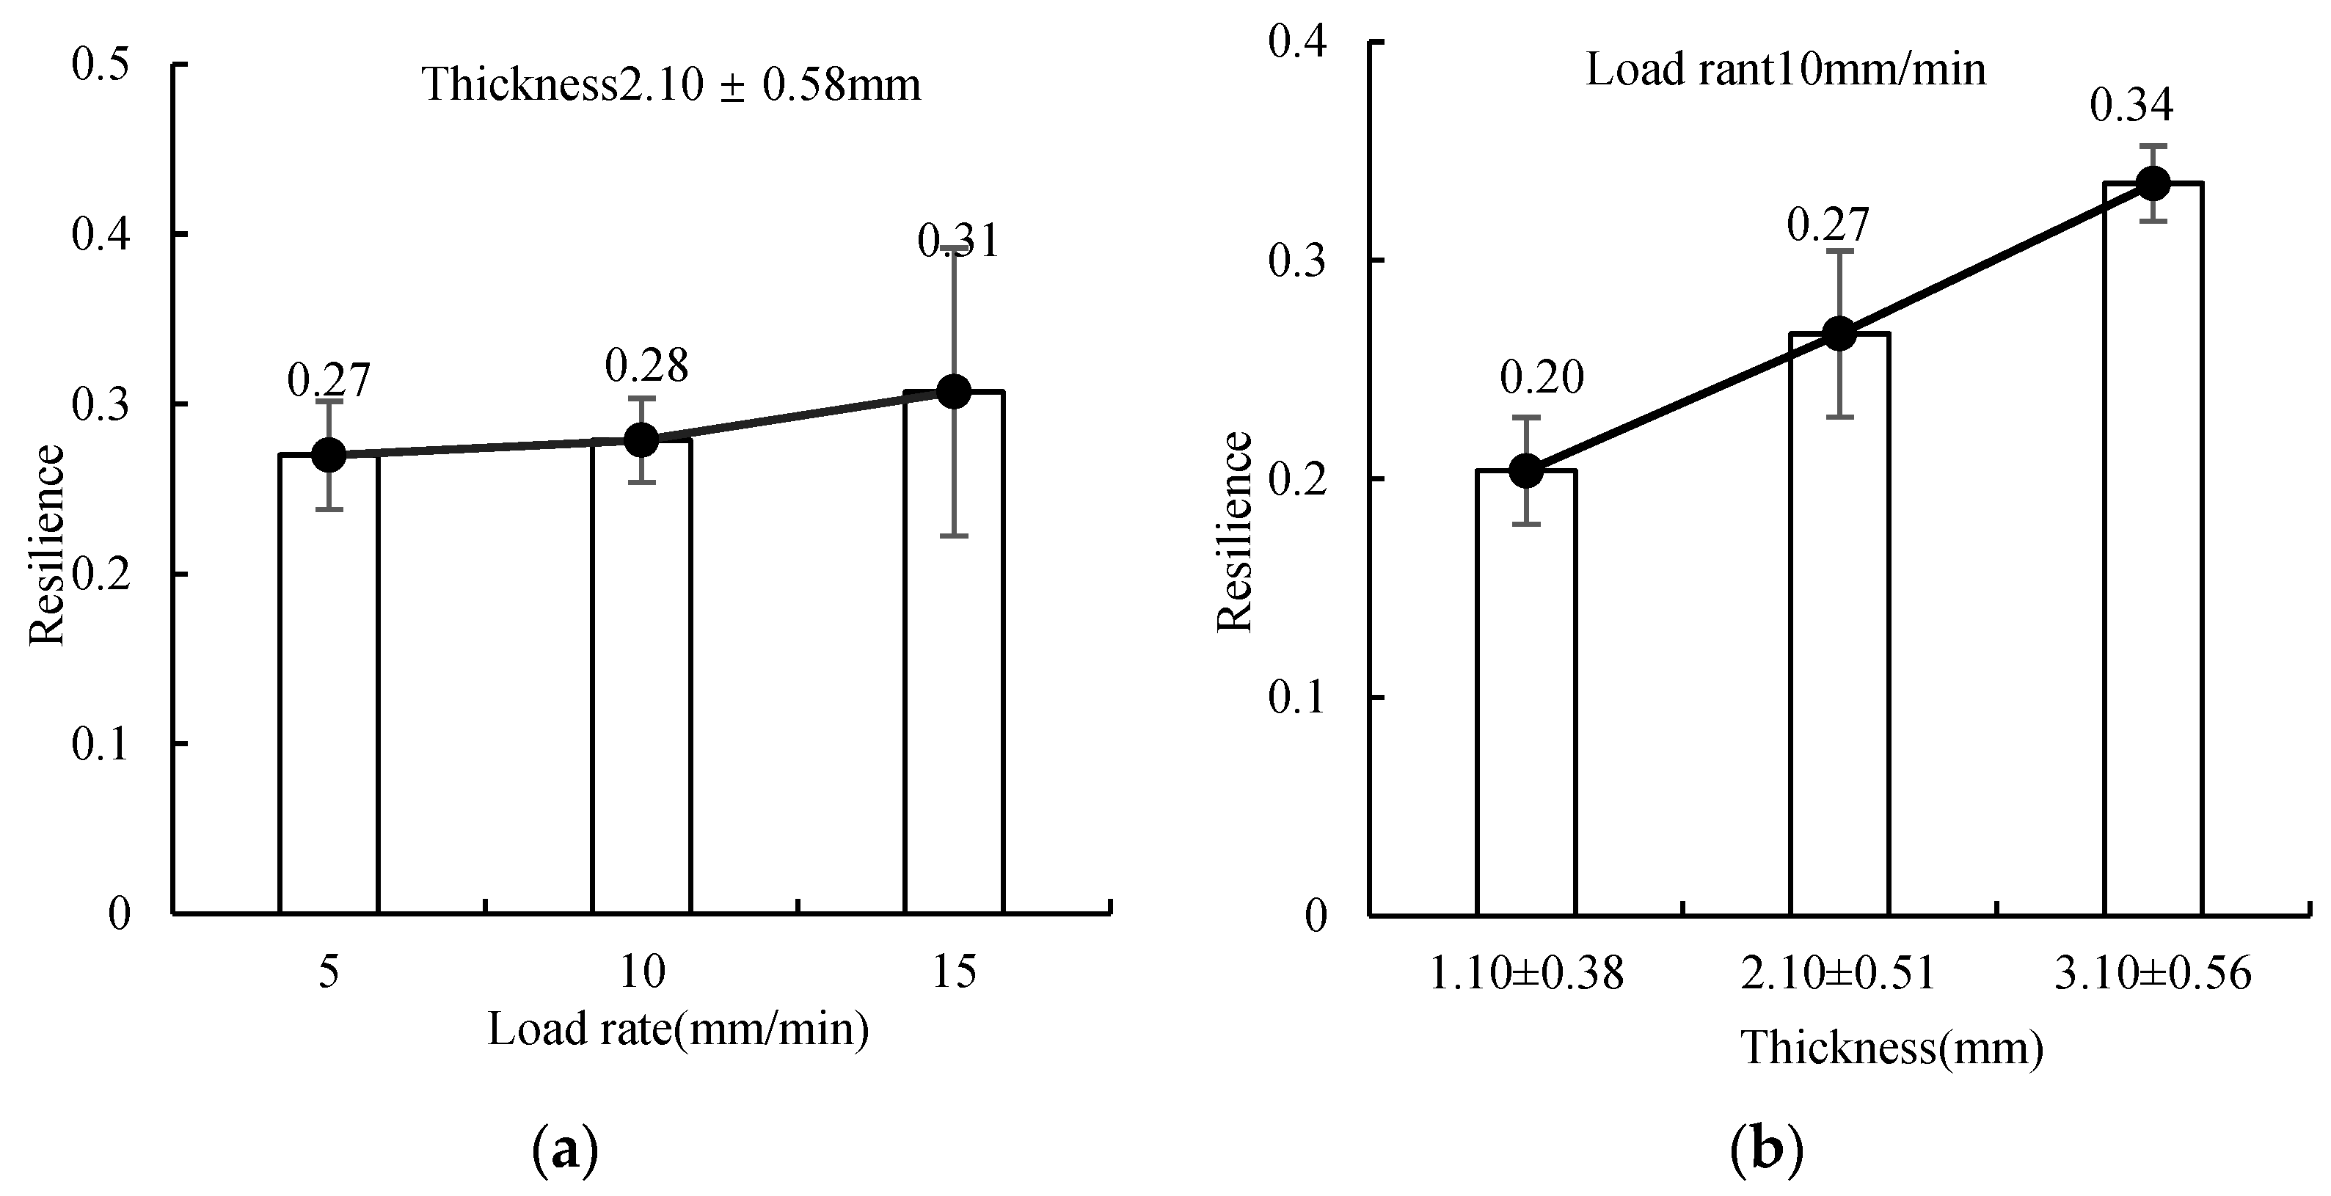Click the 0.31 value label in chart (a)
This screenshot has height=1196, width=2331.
[958, 241]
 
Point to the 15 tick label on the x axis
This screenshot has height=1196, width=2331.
[955, 972]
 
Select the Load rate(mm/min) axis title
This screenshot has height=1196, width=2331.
[679, 1029]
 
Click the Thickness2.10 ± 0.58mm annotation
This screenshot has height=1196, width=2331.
[671, 85]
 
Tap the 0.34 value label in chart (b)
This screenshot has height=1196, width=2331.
[2131, 106]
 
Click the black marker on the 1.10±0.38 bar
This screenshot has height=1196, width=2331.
[1527, 470]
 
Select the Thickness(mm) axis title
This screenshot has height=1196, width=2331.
[1892, 1049]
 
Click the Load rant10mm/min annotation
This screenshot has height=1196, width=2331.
[1785, 70]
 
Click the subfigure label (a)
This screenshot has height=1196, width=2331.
[566, 1150]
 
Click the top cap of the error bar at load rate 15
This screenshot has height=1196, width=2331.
[955, 247]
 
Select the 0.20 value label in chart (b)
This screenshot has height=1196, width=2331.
[1542, 378]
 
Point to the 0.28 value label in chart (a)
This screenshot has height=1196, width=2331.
[646, 365]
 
